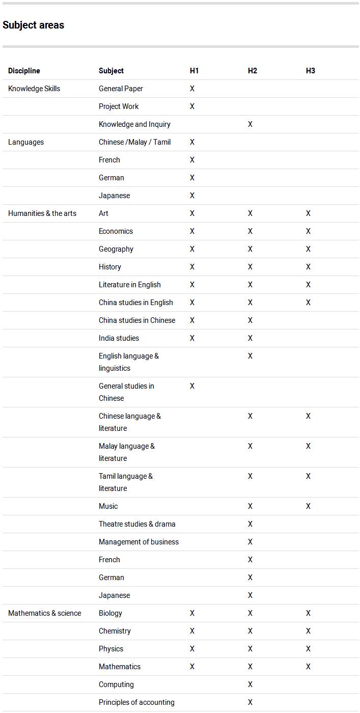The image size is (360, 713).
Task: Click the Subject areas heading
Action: pyautogui.click(x=34, y=25)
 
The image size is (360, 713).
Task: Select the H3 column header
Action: pyautogui.click(x=311, y=71)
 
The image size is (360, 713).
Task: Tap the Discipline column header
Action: pyautogui.click(x=24, y=71)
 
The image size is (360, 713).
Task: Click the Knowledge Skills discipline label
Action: pyautogui.click(x=34, y=89)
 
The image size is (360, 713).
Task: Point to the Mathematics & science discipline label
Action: pyautogui.click(x=45, y=613)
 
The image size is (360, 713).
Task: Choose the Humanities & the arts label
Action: pyautogui.click(x=42, y=213)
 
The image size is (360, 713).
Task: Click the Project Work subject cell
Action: pyautogui.click(x=119, y=106)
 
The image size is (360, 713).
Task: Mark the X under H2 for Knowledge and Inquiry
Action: pyautogui.click(x=250, y=124)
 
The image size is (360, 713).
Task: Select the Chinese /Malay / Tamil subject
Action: pyautogui.click(x=135, y=142)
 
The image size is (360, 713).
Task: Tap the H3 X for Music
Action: pyautogui.click(x=308, y=506)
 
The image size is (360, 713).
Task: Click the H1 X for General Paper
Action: pyautogui.click(x=192, y=89)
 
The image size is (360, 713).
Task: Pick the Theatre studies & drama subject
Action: pyautogui.click(x=137, y=524)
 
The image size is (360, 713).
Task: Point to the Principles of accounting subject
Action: pyautogui.click(x=136, y=702)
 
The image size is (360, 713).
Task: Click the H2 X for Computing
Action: pyautogui.click(x=250, y=684)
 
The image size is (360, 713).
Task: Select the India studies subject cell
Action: pyautogui.click(x=119, y=338)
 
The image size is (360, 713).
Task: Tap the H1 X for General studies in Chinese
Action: pyautogui.click(x=192, y=386)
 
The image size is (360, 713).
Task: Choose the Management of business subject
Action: pyautogui.click(x=139, y=542)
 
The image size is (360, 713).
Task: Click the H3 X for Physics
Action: pyautogui.click(x=308, y=649)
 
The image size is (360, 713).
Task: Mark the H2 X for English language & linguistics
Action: pyautogui.click(x=250, y=356)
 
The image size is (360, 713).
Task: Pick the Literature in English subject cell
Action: pyautogui.click(x=130, y=285)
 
